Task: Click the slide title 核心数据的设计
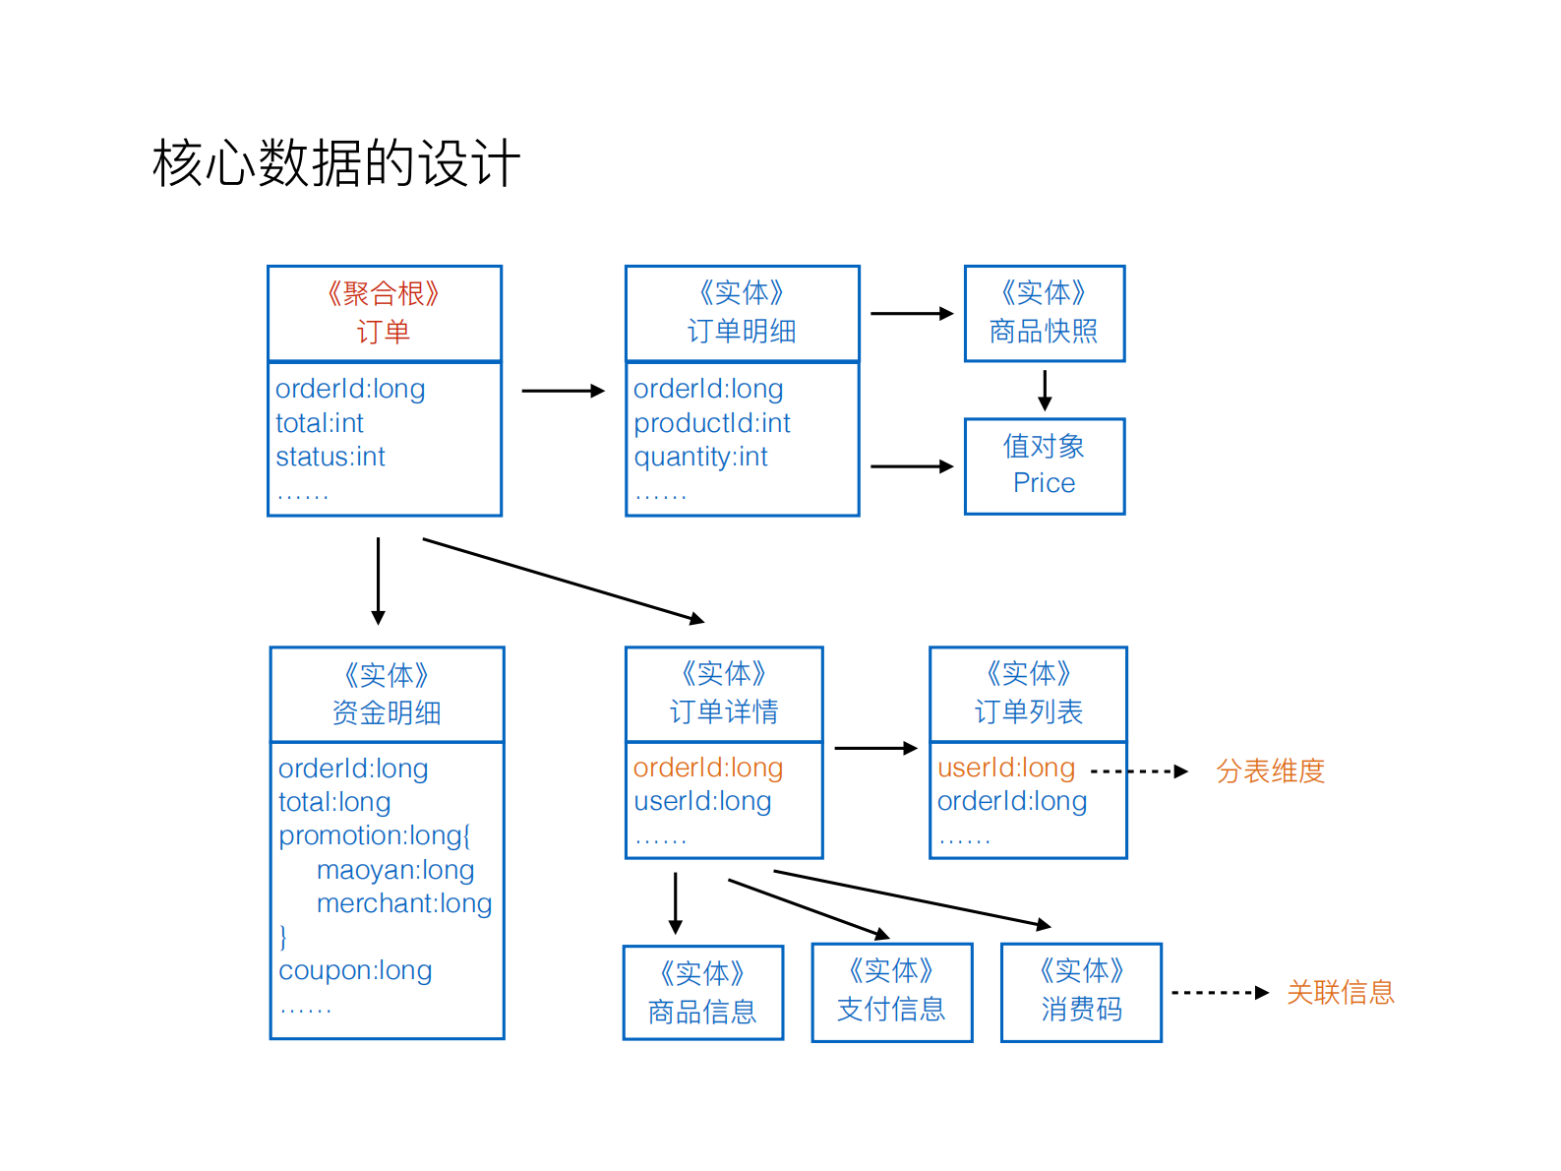pyautogui.click(x=336, y=162)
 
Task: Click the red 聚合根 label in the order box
pyautogui.click(x=383, y=293)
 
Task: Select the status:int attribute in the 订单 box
pyautogui.click(x=330, y=457)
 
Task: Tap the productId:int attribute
pyautogui.click(x=712, y=423)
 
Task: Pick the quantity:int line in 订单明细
pyautogui.click(x=700, y=457)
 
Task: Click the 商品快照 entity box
pyautogui.click(x=1044, y=313)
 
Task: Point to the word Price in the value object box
pyautogui.click(x=1044, y=483)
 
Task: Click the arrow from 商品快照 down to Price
pyautogui.click(x=1045, y=390)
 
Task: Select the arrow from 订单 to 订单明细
pyautogui.click(x=563, y=391)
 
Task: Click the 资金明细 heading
pyautogui.click(x=387, y=712)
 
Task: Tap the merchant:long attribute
pyautogui.click(x=404, y=903)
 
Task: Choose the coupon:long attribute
pyautogui.click(x=355, y=970)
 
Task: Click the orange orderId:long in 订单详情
pyautogui.click(x=708, y=768)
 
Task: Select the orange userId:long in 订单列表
pyautogui.click(x=1006, y=768)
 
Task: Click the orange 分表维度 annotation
pyautogui.click(x=1270, y=770)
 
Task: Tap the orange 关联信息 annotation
pyautogui.click(x=1340, y=992)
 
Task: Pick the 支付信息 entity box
pyautogui.click(x=891, y=992)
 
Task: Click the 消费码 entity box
pyautogui.click(x=1081, y=992)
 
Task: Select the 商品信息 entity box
pyautogui.click(x=702, y=993)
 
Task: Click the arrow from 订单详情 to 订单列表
pyautogui.click(x=875, y=748)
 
